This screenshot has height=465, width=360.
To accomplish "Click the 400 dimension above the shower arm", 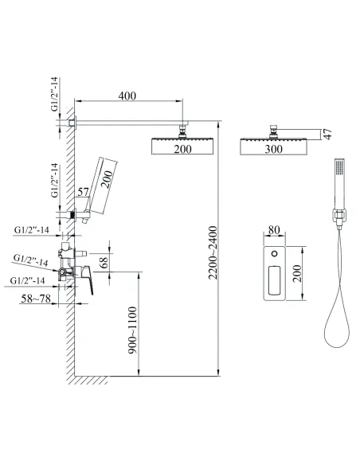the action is [127, 96].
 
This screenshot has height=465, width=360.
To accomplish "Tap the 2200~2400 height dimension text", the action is [213, 252].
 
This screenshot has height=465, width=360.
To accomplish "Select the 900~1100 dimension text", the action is [133, 330].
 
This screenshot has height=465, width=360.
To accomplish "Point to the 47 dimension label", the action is [327, 134].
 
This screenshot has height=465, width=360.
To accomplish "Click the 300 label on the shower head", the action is [273, 149].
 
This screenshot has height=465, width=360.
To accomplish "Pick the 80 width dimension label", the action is [274, 230].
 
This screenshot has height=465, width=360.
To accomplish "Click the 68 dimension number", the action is [104, 262].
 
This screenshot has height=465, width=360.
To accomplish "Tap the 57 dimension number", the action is [83, 192].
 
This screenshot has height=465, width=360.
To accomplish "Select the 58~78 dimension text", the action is [36, 299].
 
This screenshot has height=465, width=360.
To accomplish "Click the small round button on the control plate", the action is [275, 253].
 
